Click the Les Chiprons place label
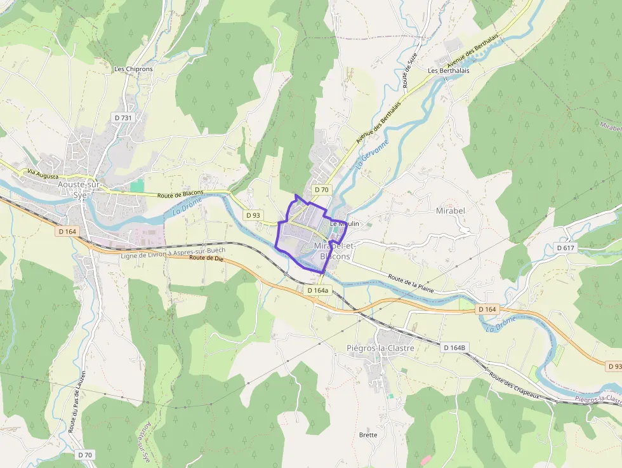[133, 69]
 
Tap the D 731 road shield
[123, 118]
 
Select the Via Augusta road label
[43, 173]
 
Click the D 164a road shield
[318, 290]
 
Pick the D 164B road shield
[455, 347]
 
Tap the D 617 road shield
[565, 247]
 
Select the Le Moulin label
[345, 224]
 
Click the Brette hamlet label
[368, 435]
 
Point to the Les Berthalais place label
[449, 70]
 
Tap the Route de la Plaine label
[413, 283]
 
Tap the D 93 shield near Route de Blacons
[253, 215]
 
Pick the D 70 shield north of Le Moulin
[322, 190]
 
